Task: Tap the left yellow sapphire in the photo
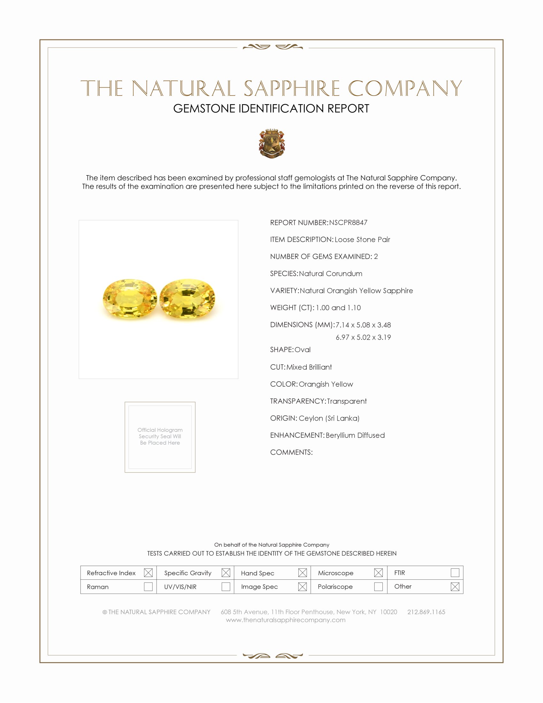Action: point(130,299)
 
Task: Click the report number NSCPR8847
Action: point(348,222)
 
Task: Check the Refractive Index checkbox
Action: point(148,573)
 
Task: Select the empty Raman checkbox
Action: point(148,586)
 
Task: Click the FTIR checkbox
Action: point(455,573)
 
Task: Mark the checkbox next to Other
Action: point(455,586)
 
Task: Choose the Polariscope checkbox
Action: point(378,586)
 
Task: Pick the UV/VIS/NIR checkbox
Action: point(226,586)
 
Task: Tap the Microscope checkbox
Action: point(378,573)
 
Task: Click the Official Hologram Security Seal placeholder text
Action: point(160,436)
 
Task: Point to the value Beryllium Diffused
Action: point(355,435)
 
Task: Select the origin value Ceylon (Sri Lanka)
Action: point(329,418)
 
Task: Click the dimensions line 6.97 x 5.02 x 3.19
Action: point(363,337)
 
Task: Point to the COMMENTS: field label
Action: point(291,452)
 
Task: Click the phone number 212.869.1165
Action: point(426,612)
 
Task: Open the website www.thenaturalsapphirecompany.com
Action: point(286,620)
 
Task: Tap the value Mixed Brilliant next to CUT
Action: point(309,367)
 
